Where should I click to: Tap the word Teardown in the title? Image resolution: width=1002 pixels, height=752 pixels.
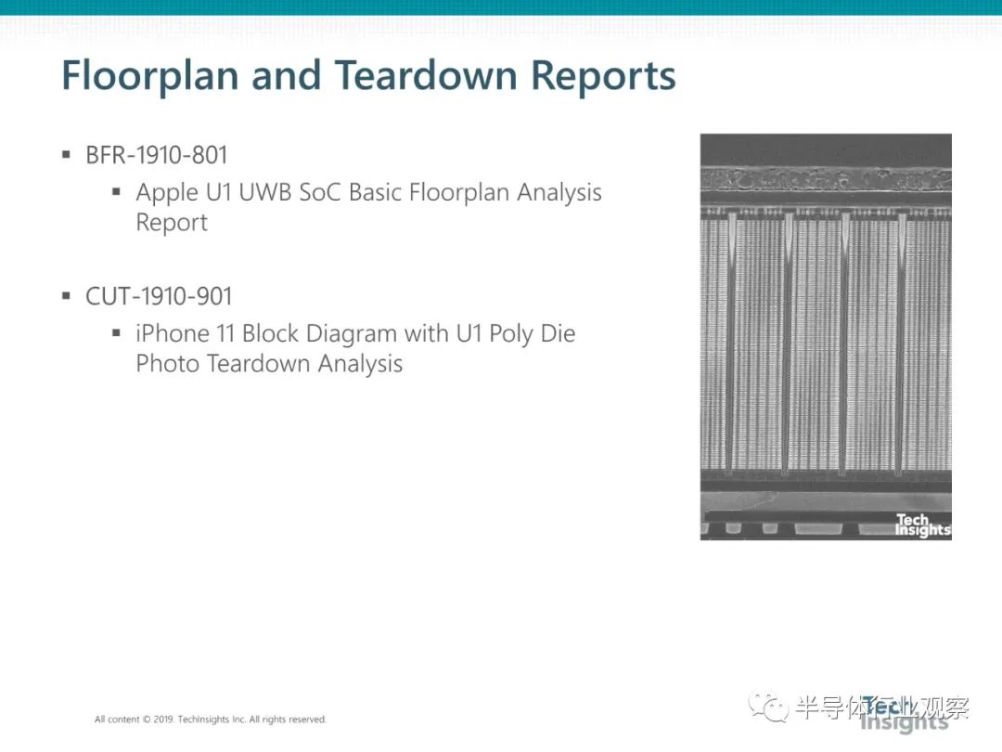tap(426, 75)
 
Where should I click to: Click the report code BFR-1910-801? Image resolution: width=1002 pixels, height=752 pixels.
tap(157, 155)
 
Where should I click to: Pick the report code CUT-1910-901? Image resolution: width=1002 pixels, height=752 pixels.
tap(159, 296)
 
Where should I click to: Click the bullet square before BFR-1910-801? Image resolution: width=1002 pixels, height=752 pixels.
tap(66, 154)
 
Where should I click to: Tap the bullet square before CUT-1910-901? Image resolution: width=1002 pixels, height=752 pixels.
tap(66, 295)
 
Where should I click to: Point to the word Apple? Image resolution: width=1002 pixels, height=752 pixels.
tap(167, 193)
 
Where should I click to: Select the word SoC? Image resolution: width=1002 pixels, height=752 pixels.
tap(320, 192)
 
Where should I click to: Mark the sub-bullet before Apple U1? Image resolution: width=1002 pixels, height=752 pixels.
tap(116, 191)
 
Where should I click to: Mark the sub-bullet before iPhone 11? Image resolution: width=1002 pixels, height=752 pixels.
tap(116, 332)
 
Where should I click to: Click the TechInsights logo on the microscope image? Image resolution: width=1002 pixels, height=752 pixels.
tap(922, 525)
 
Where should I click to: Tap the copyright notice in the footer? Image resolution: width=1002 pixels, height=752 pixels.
tap(211, 720)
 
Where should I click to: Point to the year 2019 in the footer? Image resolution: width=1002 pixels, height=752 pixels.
tap(163, 720)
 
